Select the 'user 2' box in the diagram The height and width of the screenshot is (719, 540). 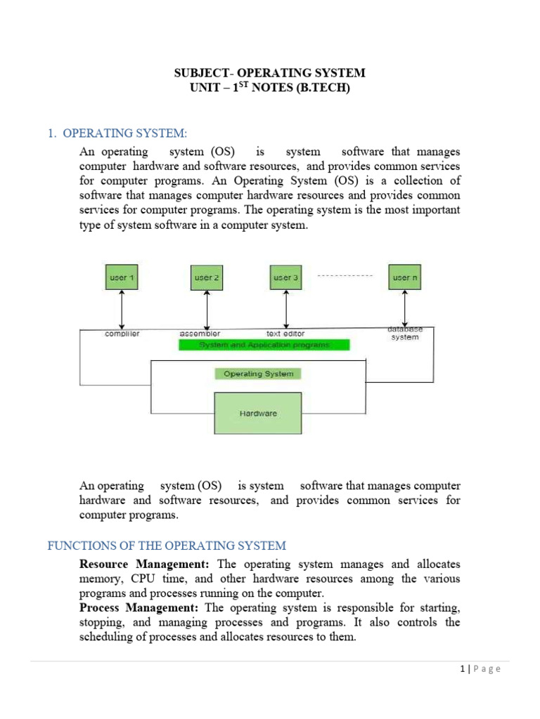click(x=207, y=277)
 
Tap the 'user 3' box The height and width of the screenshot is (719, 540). click(x=285, y=277)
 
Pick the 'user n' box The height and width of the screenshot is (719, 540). click(x=405, y=277)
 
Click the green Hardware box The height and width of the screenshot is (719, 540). click(x=258, y=414)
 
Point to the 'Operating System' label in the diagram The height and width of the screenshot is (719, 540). click(x=258, y=374)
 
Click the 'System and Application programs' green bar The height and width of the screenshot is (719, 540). click(x=264, y=345)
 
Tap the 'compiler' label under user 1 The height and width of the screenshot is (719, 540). click(x=122, y=334)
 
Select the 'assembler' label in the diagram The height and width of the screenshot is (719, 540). click(x=200, y=334)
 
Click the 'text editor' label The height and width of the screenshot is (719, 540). click(x=285, y=334)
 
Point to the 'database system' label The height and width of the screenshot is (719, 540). click(x=405, y=333)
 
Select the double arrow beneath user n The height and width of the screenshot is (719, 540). click(x=405, y=308)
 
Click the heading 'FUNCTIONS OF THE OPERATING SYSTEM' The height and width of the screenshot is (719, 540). click(x=167, y=546)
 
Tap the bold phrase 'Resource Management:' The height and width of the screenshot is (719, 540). click(x=147, y=564)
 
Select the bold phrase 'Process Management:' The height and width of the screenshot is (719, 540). click(x=140, y=607)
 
